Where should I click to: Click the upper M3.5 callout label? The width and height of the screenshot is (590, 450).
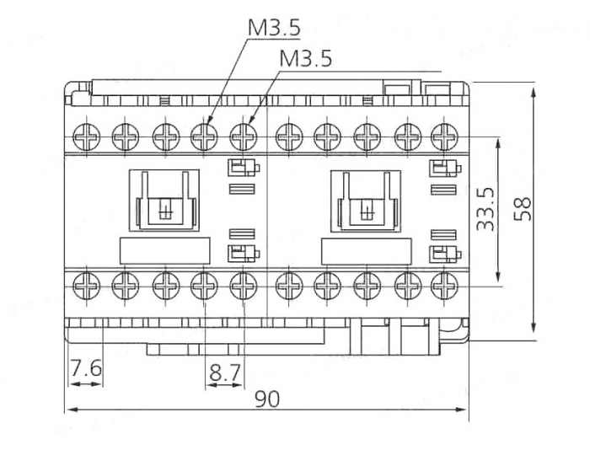point(273,27)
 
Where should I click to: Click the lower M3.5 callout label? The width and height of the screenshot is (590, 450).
point(305,58)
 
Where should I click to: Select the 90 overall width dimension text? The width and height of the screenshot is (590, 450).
point(267,399)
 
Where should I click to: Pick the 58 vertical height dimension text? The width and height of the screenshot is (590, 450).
point(523,209)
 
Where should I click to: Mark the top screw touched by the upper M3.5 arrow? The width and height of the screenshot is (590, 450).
point(202,136)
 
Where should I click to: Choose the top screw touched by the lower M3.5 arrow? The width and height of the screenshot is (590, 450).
point(243,136)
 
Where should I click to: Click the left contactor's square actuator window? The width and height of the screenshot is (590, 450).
point(164,201)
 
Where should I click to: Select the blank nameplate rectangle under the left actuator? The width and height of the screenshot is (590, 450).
point(164,250)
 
